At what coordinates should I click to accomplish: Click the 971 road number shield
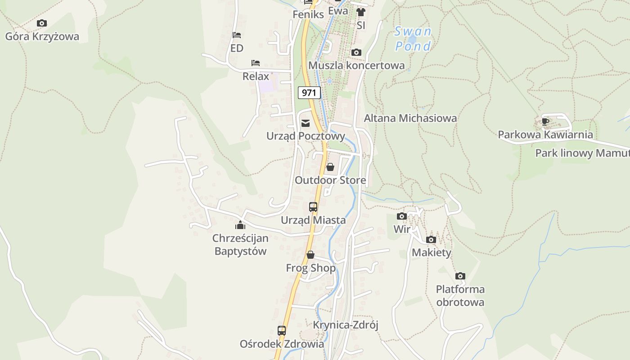tap(309, 93)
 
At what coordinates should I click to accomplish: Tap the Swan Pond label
tap(413, 39)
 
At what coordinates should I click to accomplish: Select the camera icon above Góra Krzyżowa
tap(42, 23)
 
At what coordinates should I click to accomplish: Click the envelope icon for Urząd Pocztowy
tap(306, 123)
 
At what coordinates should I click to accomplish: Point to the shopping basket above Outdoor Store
tap(330, 167)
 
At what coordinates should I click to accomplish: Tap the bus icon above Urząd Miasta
tap(313, 207)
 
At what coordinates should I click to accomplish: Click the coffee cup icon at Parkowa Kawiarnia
tap(545, 121)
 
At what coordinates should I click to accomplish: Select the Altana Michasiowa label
tap(410, 118)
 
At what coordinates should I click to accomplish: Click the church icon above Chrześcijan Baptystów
tap(240, 225)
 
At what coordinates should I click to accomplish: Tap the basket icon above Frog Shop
tap(310, 255)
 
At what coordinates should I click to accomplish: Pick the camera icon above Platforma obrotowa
tap(460, 276)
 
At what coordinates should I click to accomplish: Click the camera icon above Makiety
tap(431, 239)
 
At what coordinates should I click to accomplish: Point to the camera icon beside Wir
tap(402, 216)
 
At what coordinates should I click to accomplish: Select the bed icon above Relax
tap(256, 63)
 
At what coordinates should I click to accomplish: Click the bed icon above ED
tap(237, 35)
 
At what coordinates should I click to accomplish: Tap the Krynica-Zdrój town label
tap(346, 325)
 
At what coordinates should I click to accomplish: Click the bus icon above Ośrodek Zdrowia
tap(282, 331)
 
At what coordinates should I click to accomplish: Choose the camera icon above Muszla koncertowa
tap(356, 53)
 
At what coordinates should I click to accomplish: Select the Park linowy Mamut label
tap(582, 153)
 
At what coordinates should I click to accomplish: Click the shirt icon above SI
tap(360, 12)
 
